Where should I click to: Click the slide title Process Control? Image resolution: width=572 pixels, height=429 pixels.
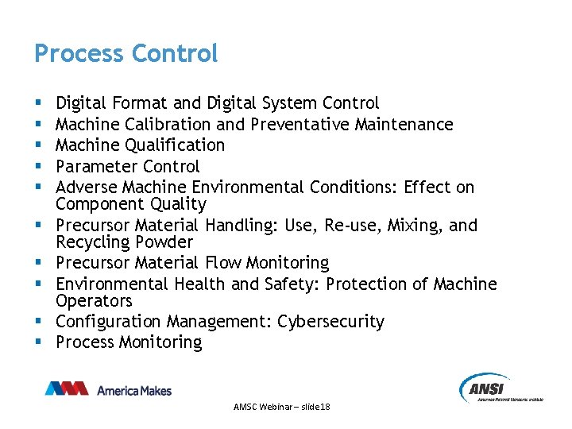pyautogui.click(x=126, y=54)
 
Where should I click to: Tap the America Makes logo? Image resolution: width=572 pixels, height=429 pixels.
pyautogui.click(x=108, y=389)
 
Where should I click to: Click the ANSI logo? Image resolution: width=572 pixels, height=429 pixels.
pyautogui.click(x=500, y=388)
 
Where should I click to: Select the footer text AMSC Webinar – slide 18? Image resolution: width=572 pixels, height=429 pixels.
pyautogui.click(x=282, y=407)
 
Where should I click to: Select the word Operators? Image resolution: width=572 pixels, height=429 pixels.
pyautogui.click(x=94, y=300)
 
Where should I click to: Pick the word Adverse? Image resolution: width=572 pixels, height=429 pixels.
pyautogui.click(x=87, y=187)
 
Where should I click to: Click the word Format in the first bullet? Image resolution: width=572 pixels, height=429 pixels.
pyautogui.click(x=140, y=103)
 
